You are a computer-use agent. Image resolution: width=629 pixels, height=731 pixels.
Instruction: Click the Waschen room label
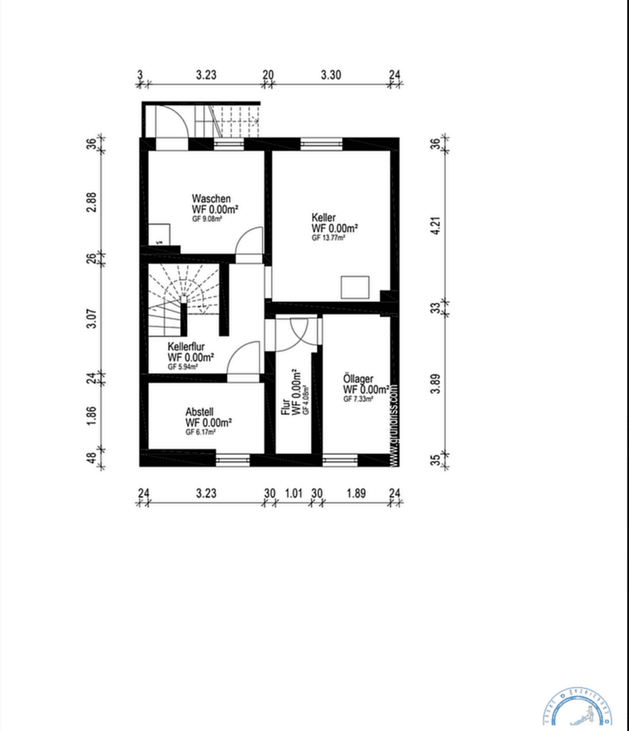[x=211, y=198]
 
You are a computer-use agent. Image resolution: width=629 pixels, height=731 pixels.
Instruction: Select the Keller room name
[x=324, y=217]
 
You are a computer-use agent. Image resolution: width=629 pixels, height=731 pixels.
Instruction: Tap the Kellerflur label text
[x=186, y=347]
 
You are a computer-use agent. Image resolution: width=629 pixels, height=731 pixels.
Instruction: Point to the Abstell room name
[x=200, y=411]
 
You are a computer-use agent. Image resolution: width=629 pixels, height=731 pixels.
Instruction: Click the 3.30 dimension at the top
[x=330, y=75]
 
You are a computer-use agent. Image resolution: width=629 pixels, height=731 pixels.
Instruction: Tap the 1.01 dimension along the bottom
[x=292, y=493]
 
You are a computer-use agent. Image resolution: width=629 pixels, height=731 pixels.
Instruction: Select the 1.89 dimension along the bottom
[x=356, y=493]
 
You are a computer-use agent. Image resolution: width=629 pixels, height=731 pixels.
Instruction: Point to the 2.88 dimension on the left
[x=92, y=202]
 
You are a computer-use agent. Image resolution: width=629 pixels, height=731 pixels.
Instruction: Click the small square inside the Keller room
[x=355, y=287]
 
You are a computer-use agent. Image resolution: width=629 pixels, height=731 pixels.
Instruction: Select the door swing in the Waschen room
[x=249, y=241]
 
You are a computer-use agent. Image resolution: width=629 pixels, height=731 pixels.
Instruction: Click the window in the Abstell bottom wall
[x=232, y=460]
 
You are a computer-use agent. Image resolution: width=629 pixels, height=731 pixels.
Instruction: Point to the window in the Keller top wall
[x=322, y=143]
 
